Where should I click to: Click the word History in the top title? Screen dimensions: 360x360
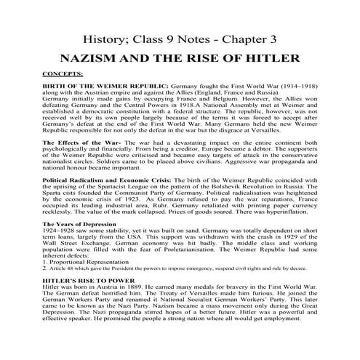[x=103, y=36]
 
